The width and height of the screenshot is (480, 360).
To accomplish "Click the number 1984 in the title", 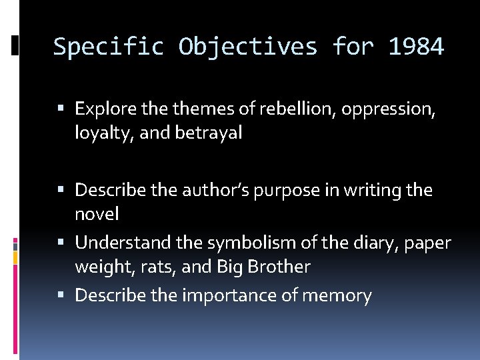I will [x=416, y=47].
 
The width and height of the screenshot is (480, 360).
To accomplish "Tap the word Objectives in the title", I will [x=248, y=47].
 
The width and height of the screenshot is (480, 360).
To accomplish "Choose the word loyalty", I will [x=99, y=133].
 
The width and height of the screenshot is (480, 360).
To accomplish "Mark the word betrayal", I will [x=209, y=133].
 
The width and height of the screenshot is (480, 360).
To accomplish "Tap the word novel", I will [x=97, y=214].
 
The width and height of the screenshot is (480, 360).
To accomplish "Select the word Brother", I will [x=279, y=267].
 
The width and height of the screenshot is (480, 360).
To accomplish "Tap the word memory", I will [x=336, y=295].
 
